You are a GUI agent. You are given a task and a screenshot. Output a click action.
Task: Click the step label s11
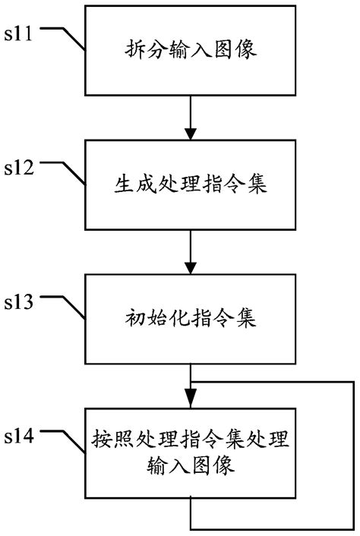coord(19,33)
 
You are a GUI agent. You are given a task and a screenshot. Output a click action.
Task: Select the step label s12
coord(19,168)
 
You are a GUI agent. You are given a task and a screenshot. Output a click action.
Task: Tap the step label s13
coord(19,303)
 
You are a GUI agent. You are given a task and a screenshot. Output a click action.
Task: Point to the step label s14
coord(19,437)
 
